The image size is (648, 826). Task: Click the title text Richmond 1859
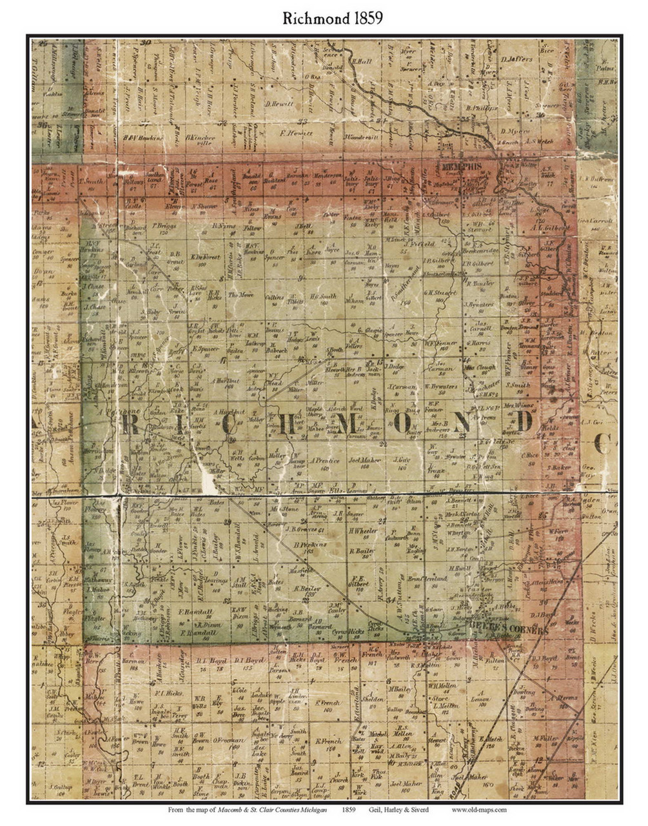pyautogui.click(x=324, y=17)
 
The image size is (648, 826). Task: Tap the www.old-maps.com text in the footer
pyautogui.click(x=478, y=809)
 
